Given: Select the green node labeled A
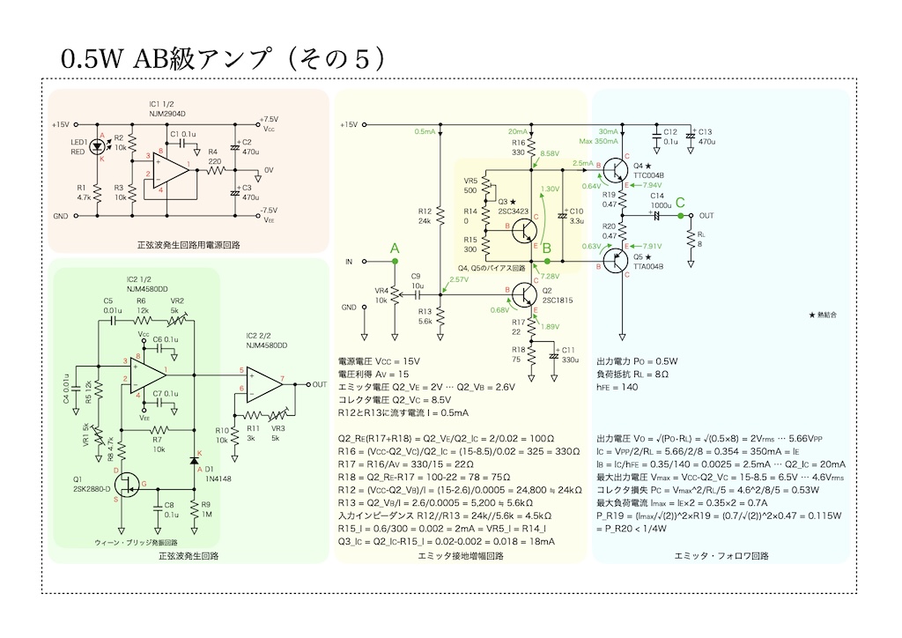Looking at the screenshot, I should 395,262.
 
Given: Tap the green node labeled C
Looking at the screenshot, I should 681,214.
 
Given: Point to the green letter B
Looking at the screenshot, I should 546,249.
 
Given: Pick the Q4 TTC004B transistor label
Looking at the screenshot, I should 647,171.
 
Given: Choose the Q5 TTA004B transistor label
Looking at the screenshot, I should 647,261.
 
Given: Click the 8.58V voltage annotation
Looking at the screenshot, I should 550,153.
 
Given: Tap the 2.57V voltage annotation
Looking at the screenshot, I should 458,279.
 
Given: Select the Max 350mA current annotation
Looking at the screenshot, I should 599,141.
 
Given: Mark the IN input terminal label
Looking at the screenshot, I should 349,262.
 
